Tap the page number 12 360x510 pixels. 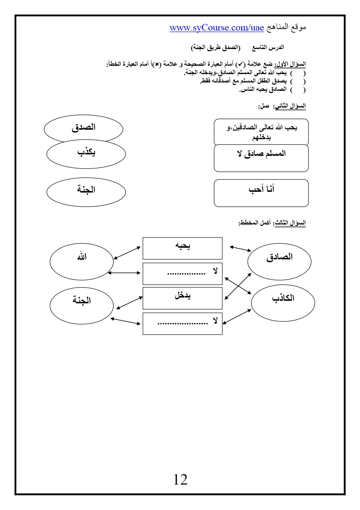[180, 480]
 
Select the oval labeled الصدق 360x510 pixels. [83, 127]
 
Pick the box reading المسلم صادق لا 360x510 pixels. [261, 158]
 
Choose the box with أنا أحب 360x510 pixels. [261, 193]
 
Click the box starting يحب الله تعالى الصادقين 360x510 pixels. [261, 132]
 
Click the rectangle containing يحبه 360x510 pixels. [182, 248]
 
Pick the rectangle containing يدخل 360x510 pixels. [182, 298]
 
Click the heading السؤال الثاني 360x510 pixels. [290, 106]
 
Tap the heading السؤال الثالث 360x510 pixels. [290, 222]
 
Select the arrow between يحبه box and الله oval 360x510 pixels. [127, 253]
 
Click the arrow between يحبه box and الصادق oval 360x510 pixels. [241, 249]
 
